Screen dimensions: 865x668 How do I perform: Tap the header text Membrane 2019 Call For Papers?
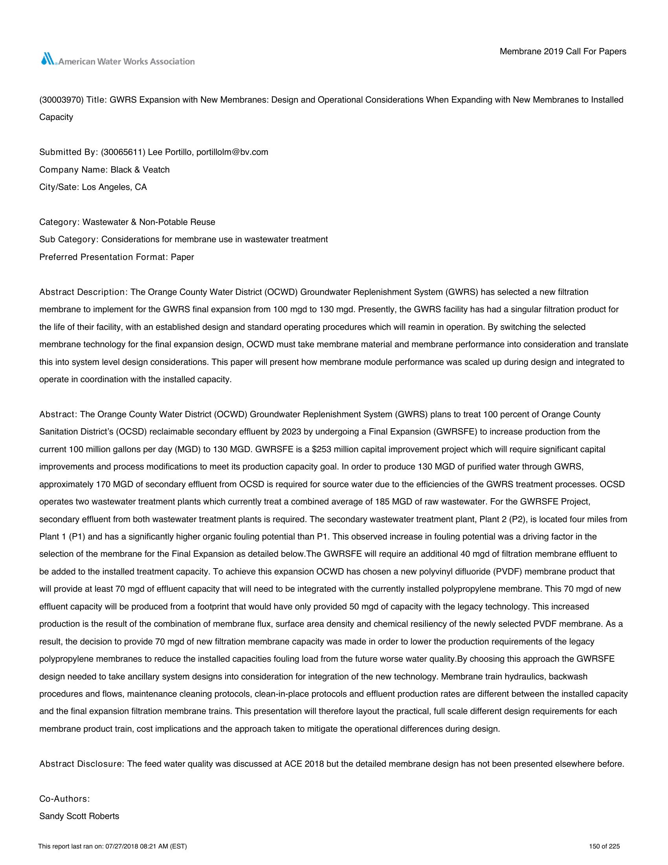point(563,52)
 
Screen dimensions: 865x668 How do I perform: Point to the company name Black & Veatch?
point(140,169)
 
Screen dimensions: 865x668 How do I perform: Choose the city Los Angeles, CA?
point(114,187)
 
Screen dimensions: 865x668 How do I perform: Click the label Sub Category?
point(69,239)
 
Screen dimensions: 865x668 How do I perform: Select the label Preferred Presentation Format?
point(104,257)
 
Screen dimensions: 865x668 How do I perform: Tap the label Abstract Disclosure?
point(82,764)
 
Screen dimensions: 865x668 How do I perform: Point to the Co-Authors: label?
point(64,799)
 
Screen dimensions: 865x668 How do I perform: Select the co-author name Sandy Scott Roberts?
point(79,816)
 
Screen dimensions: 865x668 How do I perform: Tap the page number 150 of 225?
point(604,847)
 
